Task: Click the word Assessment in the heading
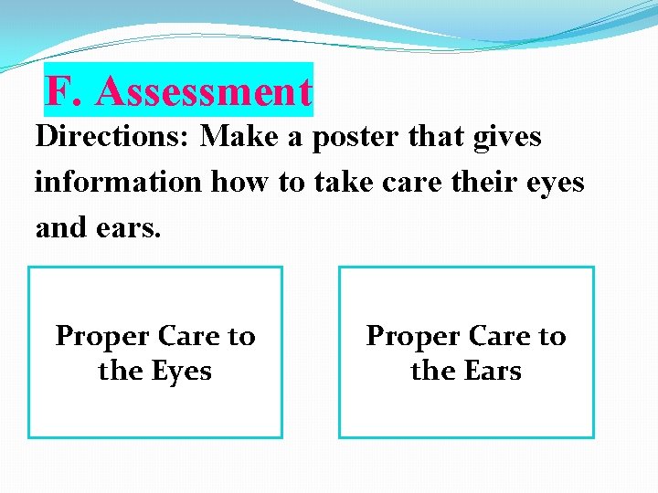click(203, 91)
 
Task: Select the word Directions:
click(113, 137)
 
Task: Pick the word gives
click(505, 137)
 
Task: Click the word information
click(118, 182)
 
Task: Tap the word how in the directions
click(241, 182)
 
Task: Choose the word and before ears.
click(60, 226)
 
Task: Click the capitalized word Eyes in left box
click(181, 372)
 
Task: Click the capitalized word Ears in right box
click(492, 372)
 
